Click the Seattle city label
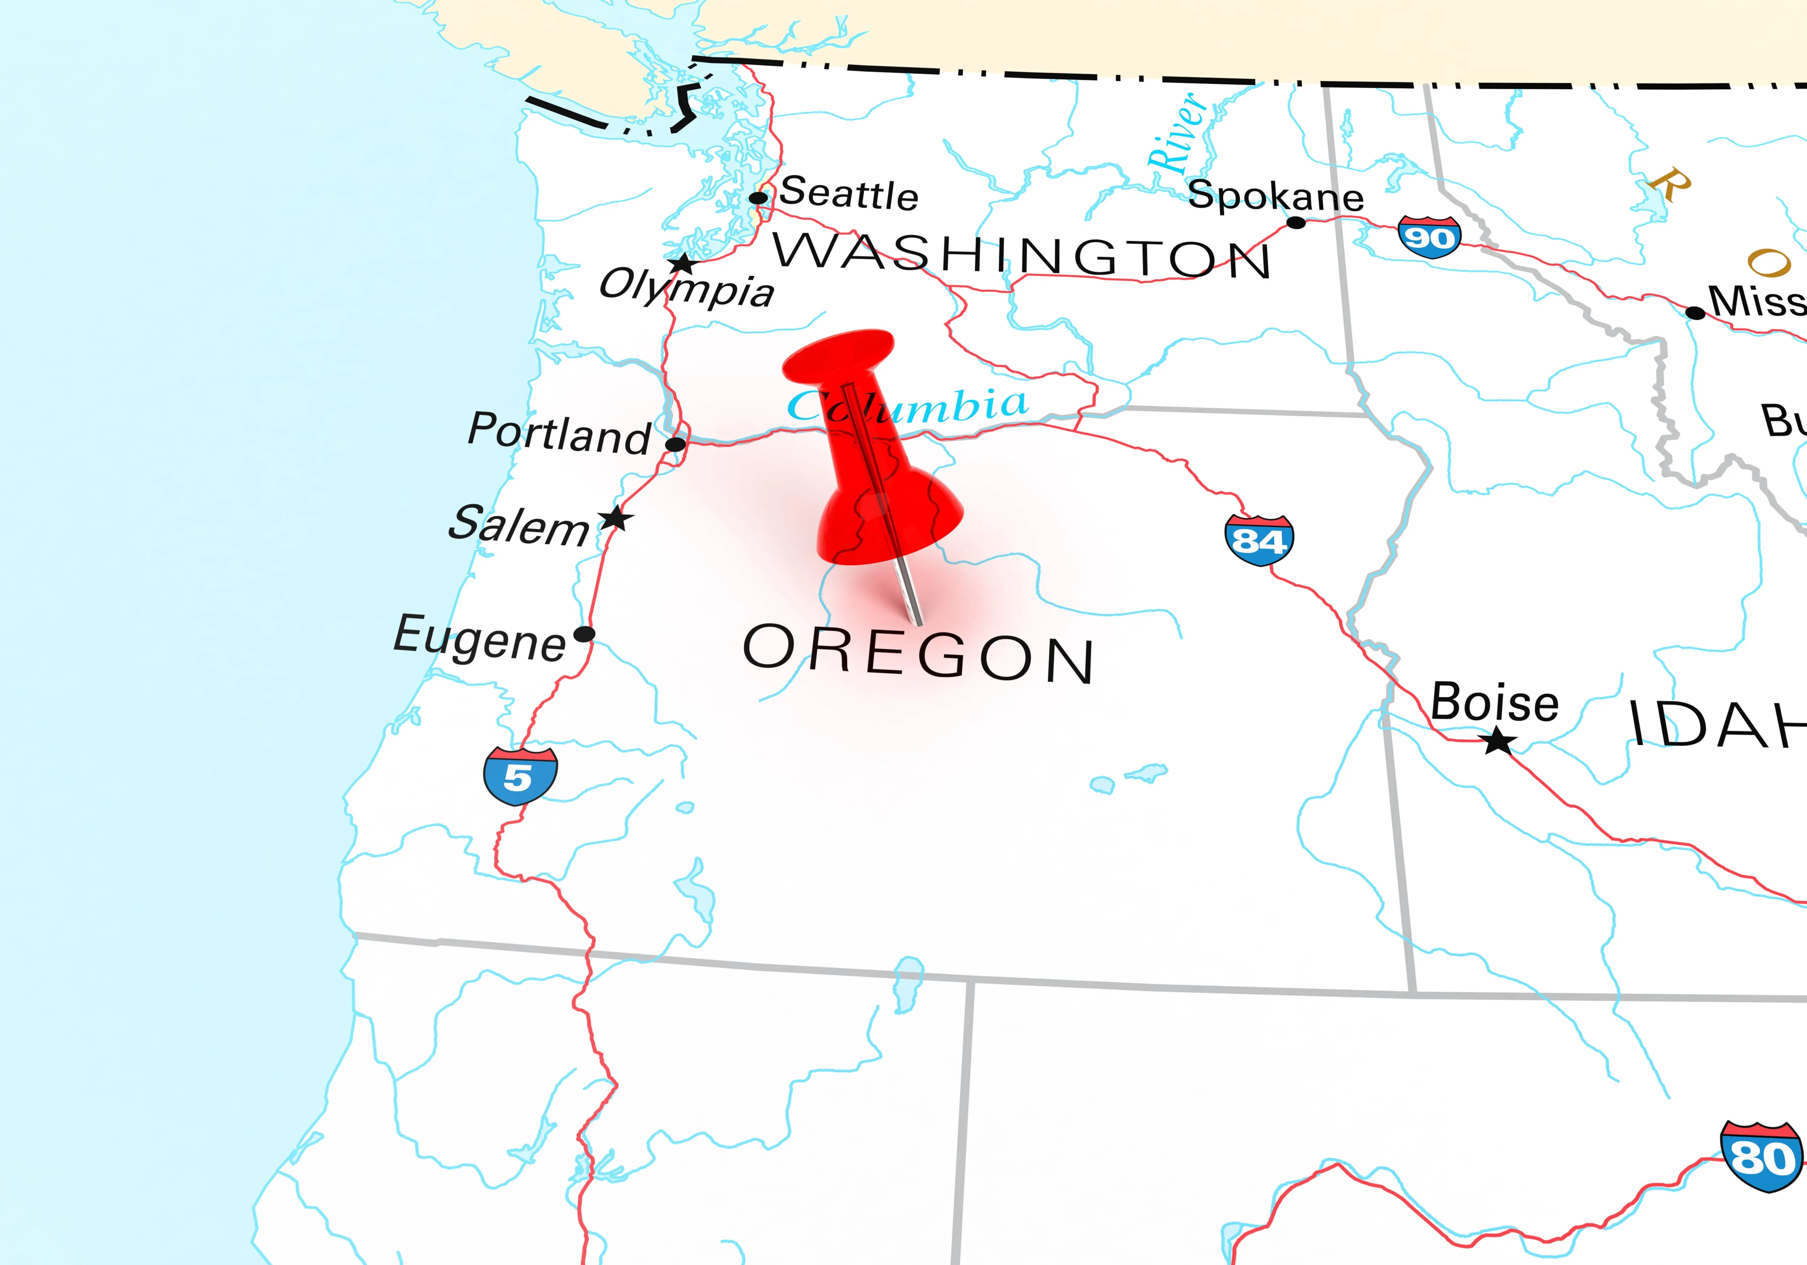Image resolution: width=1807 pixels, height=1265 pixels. click(849, 194)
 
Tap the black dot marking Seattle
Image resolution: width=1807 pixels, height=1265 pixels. click(759, 198)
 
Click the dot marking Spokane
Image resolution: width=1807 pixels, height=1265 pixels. click(1295, 223)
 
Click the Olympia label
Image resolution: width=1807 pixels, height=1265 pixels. click(686, 288)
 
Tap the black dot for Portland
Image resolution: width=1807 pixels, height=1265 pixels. click(675, 445)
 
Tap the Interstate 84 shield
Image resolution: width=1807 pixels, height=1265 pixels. click(1258, 540)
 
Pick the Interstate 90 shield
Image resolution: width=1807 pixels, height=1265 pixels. click(1429, 236)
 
